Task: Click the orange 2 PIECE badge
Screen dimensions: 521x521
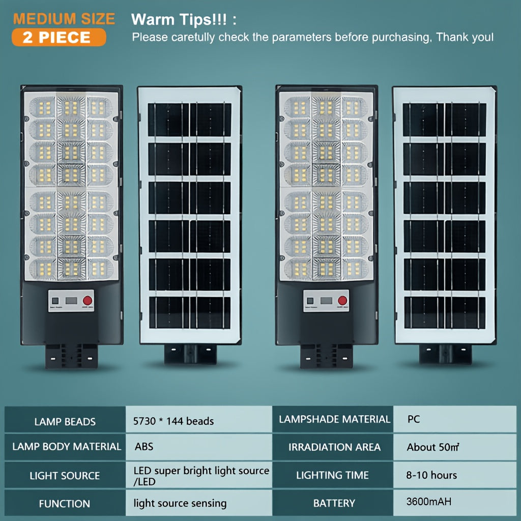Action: (x=59, y=37)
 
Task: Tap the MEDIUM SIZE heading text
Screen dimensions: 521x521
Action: (x=64, y=19)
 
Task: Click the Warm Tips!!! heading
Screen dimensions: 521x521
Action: (x=184, y=19)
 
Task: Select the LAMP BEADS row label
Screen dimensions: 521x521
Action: (x=65, y=422)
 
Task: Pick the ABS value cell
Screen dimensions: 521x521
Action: (x=198, y=447)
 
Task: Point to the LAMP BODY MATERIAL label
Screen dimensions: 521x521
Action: (x=67, y=447)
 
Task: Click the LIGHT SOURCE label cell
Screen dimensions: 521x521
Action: (x=65, y=476)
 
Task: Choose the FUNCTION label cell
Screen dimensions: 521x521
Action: (x=65, y=503)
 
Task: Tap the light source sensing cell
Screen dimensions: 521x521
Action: (x=198, y=503)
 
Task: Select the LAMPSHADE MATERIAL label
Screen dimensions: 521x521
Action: (x=334, y=419)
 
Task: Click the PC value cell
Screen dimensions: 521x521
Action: (x=455, y=419)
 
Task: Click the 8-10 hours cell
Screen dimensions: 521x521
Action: (x=455, y=475)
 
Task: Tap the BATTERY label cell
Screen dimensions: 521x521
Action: (x=334, y=503)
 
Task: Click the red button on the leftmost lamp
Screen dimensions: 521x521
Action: (x=88, y=301)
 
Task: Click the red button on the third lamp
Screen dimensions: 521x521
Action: (x=342, y=301)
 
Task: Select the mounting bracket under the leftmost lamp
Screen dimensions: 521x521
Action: (x=71, y=356)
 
